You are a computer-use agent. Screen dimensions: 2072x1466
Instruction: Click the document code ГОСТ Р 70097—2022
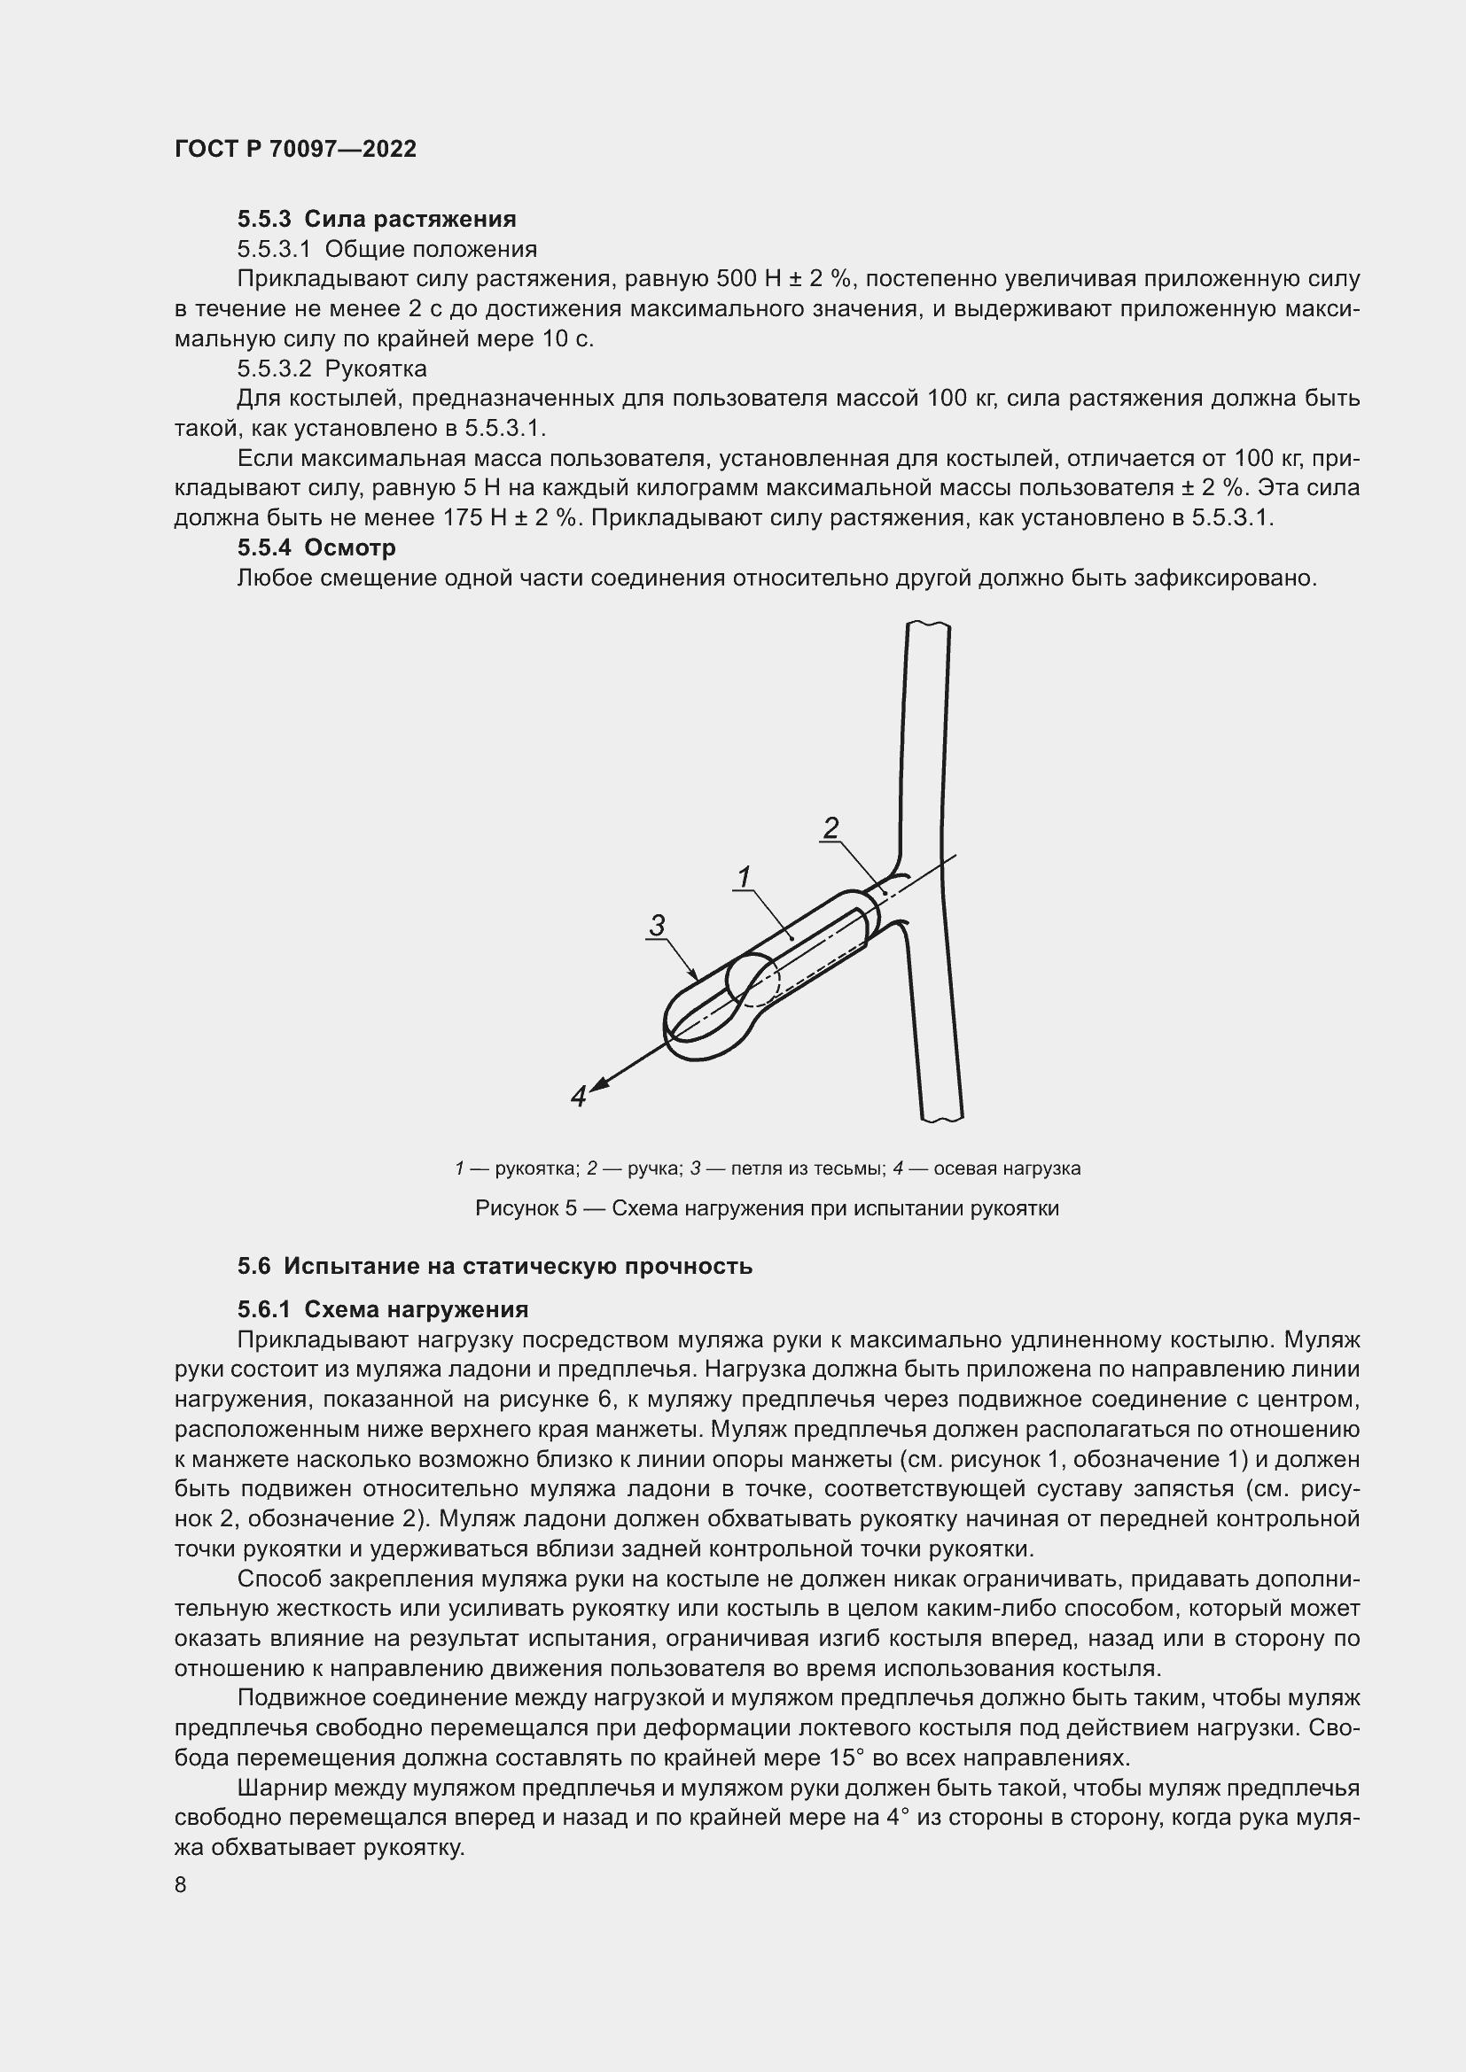pos(295,149)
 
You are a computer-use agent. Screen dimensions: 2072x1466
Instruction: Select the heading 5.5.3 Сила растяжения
pos(377,219)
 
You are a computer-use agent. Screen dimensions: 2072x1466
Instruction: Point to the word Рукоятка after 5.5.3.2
pos(377,369)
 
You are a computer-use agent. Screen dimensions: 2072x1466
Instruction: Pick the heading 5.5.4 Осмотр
pos(316,547)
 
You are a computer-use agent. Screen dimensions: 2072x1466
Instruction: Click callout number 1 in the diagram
pos(745,875)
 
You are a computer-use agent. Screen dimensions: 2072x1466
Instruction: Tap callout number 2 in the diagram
pos(831,826)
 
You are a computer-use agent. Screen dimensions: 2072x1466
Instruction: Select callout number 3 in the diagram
pos(657,925)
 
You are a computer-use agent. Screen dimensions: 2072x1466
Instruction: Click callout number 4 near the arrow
pos(579,1097)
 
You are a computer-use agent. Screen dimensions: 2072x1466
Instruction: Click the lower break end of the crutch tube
pos(941,1118)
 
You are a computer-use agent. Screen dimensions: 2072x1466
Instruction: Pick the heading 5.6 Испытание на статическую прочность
pos(495,1266)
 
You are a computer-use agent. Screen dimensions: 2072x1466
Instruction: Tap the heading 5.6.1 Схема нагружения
pos(383,1308)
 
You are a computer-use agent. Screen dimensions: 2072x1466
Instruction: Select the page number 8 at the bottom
pos(181,1885)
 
